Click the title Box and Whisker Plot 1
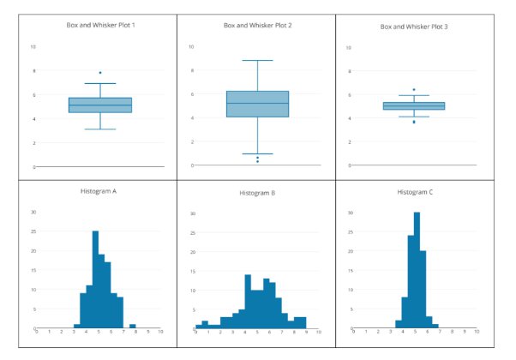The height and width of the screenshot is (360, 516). pos(100,25)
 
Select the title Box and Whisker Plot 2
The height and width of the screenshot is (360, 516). pos(258,26)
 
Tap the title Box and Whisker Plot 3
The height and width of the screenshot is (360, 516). pos(414,27)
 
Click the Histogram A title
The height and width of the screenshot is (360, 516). pos(101,190)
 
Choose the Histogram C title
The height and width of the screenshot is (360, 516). pos(415,192)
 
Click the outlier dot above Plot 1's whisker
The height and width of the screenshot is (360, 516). pos(100,73)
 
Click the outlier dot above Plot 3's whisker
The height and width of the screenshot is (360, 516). pos(414,90)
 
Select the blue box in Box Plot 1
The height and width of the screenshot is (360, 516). pos(100,105)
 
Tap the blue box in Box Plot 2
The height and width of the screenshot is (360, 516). pos(257,104)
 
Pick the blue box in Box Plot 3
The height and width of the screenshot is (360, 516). pos(414,106)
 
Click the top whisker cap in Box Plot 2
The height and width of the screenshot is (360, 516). pos(257,61)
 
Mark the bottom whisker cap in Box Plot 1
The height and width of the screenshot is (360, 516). pos(100,129)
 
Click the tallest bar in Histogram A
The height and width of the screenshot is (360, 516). pos(95,279)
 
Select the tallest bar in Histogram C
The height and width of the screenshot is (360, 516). pos(417,270)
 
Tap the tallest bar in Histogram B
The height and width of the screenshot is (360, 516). pos(248,302)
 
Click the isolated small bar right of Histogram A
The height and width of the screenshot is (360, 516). pos(132,327)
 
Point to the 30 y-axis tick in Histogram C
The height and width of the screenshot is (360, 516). pos(351,212)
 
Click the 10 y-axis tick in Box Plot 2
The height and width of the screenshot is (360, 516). pos(192,46)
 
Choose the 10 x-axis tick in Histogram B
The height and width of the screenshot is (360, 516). pos(318,332)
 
